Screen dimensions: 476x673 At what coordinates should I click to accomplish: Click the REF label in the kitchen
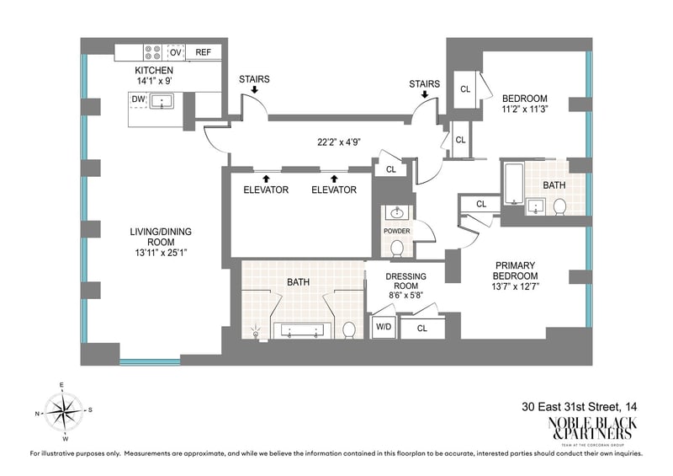pos(203,52)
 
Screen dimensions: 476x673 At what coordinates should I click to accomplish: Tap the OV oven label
pos(175,52)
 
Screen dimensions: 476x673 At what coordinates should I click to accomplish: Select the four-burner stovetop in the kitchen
pos(153,52)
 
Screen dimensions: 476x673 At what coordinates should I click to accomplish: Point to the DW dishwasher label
pos(138,99)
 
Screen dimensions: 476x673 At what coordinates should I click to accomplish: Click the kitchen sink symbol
pos(162,102)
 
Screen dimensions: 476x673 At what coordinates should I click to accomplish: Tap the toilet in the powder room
pos(397,248)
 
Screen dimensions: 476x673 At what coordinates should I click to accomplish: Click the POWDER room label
pos(396,230)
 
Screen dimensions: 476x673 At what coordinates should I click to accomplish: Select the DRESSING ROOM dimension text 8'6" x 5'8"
pos(406,296)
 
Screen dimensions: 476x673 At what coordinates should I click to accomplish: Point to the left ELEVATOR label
pos(267,190)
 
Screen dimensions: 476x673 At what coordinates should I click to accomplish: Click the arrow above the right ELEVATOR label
pos(335,178)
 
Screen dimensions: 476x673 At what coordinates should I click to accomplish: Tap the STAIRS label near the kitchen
pos(253,79)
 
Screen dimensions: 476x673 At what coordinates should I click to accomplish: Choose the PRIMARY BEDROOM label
pos(515,275)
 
